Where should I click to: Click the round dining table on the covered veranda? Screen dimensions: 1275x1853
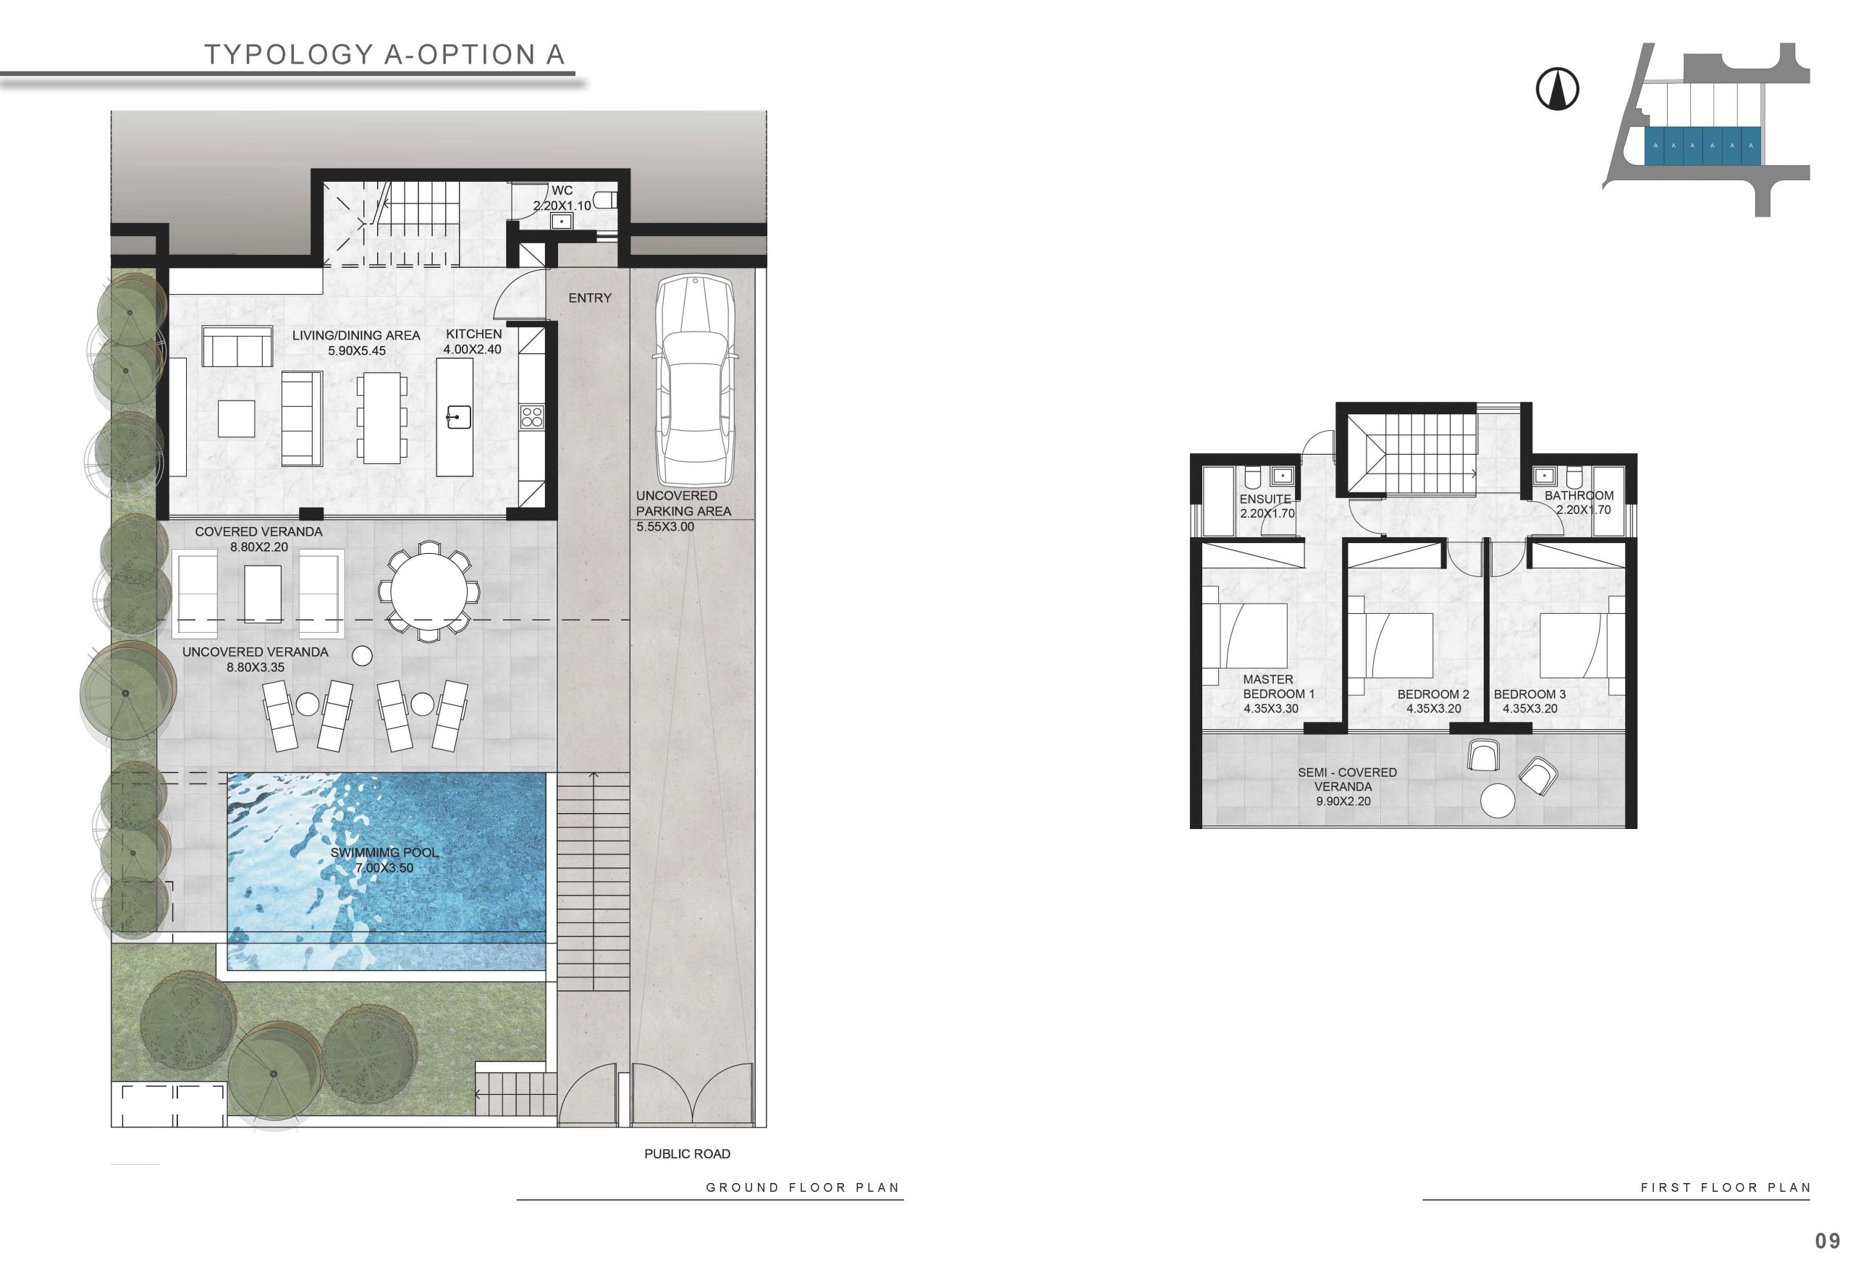(429, 592)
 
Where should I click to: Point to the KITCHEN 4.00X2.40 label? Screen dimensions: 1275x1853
(473, 341)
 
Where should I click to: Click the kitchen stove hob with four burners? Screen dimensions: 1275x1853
(531, 417)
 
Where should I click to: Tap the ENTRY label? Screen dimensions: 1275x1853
(589, 298)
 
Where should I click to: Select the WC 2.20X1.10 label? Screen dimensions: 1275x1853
(562, 198)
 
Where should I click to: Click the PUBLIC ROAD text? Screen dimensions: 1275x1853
(687, 1153)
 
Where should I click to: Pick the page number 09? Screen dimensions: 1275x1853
(1828, 1241)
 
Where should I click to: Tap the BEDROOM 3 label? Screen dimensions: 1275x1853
(1529, 701)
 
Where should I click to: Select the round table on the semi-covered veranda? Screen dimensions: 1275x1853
(1497, 801)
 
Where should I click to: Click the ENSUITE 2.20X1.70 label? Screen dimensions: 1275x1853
(1267, 505)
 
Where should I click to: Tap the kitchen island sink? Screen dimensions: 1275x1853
(458, 417)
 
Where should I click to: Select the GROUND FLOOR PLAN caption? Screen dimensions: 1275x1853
(802, 1187)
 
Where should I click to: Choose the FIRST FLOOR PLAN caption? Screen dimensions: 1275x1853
(1725, 1187)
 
